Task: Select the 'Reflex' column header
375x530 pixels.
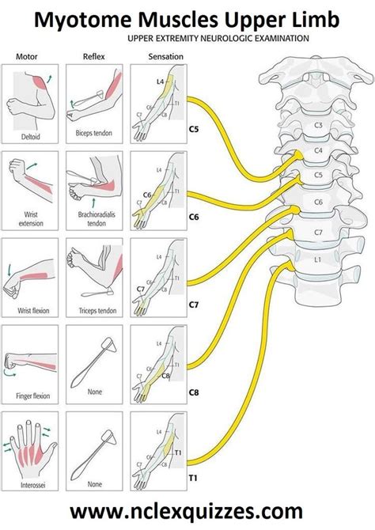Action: click(x=93, y=57)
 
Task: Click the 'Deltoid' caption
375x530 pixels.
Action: click(x=28, y=135)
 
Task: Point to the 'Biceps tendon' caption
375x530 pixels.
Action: click(x=93, y=135)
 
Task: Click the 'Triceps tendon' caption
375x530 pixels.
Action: click(x=93, y=311)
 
